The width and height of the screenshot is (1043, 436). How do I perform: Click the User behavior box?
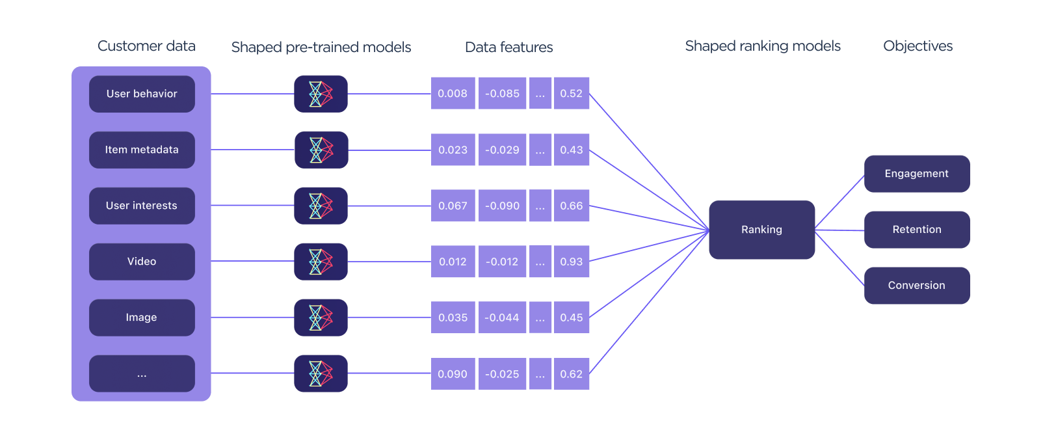[142, 94]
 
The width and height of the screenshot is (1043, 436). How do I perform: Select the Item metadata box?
[142, 150]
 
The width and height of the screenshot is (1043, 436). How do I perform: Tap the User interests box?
[142, 206]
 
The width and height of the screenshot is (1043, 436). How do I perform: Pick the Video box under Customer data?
[142, 262]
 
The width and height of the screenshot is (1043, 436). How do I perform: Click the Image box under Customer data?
[142, 318]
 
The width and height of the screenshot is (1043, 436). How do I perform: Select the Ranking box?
[761, 230]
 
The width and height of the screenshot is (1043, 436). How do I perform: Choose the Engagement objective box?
[916, 174]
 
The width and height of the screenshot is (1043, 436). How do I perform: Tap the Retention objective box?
[916, 230]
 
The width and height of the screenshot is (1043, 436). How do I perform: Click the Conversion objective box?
[916, 286]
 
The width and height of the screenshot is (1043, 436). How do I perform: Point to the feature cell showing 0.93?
[572, 262]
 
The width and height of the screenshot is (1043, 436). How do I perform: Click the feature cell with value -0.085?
[503, 94]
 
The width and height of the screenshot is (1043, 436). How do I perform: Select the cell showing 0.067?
[453, 206]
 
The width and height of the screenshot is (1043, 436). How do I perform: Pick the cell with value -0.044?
[503, 318]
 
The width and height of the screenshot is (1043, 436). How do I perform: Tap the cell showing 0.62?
[572, 374]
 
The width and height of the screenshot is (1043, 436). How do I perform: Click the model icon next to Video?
[321, 262]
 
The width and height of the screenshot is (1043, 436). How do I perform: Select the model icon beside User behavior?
[321, 94]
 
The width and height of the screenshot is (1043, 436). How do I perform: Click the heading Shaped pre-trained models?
[321, 48]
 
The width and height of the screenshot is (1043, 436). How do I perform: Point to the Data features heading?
[508, 48]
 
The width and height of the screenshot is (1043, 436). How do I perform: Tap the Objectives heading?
[918, 46]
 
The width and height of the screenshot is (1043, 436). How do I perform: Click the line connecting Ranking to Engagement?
[839, 202]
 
